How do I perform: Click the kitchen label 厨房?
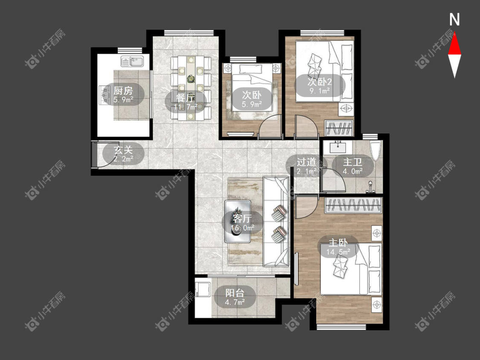point(123,90)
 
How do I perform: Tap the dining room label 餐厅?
point(186,98)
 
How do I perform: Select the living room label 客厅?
point(242,218)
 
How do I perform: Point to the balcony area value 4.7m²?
point(235,302)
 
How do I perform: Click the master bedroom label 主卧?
point(338,243)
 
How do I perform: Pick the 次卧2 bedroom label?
point(320,82)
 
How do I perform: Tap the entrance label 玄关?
point(123,150)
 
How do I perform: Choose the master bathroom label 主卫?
point(352,162)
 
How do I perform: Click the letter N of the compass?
point(454,20)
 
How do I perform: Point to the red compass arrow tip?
point(454,32)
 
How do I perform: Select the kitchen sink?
point(132,61)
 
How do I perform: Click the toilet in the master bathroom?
point(375,150)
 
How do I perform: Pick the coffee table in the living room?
point(238,221)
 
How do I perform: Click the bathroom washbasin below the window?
point(338,147)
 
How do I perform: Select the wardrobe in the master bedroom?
point(353,205)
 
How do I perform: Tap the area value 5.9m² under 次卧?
point(252,105)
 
